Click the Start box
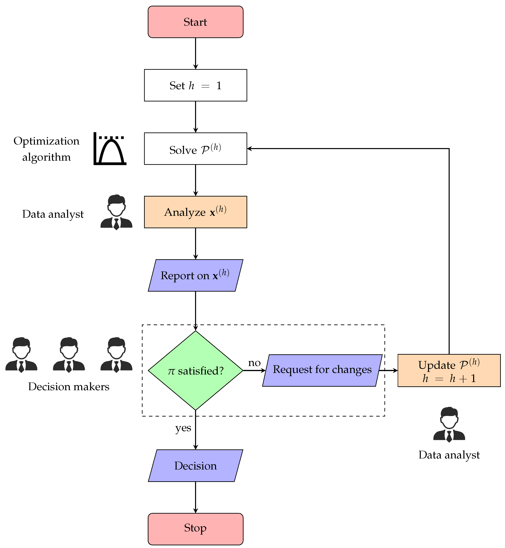coord(195,22)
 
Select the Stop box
coord(195,529)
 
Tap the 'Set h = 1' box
coord(195,85)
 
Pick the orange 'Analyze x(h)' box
coord(195,212)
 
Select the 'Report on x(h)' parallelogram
coord(195,275)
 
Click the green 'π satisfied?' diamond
coord(195,370)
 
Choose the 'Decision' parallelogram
coord(195,465)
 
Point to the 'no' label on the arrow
coord(254,363)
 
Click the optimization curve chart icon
coord(110,149)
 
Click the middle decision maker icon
coord(69,355)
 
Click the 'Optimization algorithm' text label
coord(46,149)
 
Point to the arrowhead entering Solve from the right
coord(249,149)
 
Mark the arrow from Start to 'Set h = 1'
coord(195,53)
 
